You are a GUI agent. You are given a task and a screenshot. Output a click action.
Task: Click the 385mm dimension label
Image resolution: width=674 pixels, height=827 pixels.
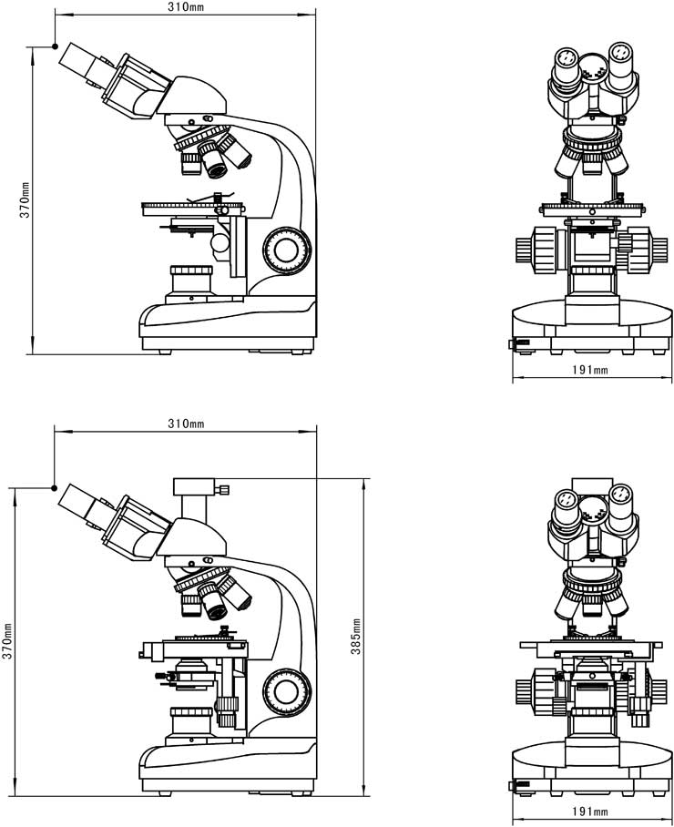(357, 635)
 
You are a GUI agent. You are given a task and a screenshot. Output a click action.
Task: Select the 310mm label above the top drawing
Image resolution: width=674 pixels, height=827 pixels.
(186, 6)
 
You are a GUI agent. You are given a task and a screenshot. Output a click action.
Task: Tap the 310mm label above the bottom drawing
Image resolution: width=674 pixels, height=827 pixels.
(186, 424)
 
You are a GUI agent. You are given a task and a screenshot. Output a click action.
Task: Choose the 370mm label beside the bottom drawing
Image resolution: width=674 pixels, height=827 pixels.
(8, 641)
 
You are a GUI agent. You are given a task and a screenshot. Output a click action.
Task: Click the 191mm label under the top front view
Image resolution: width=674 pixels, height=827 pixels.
(594, 370)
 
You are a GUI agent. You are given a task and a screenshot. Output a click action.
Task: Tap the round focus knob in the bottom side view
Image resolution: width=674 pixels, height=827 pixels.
(287, 691)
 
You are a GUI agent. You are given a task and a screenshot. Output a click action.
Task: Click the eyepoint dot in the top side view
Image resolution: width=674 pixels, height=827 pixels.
(56, 46)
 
